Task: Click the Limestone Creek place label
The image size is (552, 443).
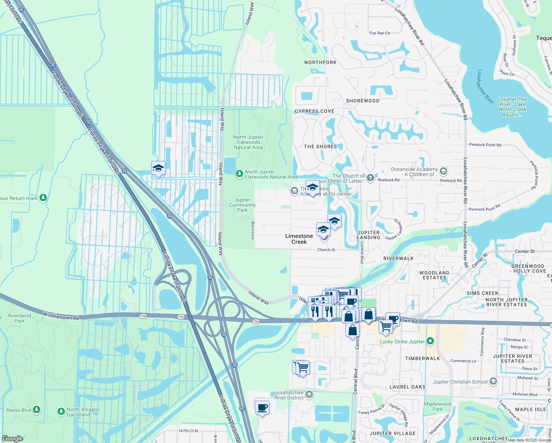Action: (x=299, y=239)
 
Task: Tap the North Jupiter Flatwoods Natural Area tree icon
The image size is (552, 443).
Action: (x=239, y=173)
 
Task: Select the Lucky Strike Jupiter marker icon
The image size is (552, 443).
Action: (x=430, y=341)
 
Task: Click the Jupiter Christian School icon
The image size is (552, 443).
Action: (x=494, y=381)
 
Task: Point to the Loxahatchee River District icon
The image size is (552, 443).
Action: (x=309, y=395)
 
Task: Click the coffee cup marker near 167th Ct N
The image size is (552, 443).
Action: (x=262, y=408)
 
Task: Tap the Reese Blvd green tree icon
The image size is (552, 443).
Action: (x=36, y=409)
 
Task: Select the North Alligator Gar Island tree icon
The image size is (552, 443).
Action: (x=61, y=412)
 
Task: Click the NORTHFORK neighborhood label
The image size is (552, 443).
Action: (x=320, y=62)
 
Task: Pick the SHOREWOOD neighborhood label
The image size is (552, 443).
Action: (x=362, y=101)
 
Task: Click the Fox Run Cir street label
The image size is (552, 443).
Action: (x=380, y=33)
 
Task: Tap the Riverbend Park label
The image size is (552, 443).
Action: (x=20, y=318)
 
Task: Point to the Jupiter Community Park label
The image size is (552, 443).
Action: (x=242, y=205)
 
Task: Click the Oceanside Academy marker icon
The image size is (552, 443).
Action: (x=444, y=171)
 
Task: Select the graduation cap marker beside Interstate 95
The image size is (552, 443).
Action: (x=158, y=168)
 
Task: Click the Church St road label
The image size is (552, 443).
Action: (x=327, y=250)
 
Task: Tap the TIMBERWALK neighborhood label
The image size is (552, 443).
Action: (x=422, y=358)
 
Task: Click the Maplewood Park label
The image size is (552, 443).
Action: (x=437, y=406)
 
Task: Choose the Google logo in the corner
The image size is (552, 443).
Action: (x=12, y=438)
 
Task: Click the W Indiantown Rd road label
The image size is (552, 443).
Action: (x=61, y=316)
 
